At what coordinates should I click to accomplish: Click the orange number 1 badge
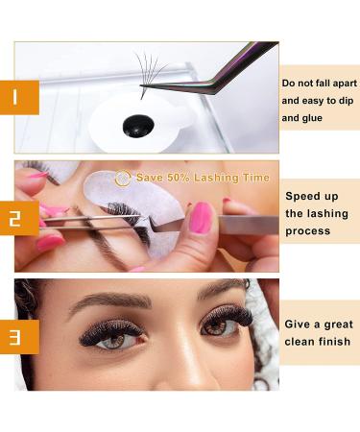[x=19, y=97]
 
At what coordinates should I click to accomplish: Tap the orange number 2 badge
[x=19, y=216]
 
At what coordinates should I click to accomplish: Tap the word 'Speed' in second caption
[x=304, y=196]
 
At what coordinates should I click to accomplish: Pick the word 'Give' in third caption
[x=300, y=324]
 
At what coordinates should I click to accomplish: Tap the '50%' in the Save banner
[x=179, y=179]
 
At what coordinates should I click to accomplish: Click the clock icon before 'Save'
[x=123, y=178]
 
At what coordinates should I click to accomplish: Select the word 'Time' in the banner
[x=252, y=179]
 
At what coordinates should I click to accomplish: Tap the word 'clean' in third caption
[x=301, y=343]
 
